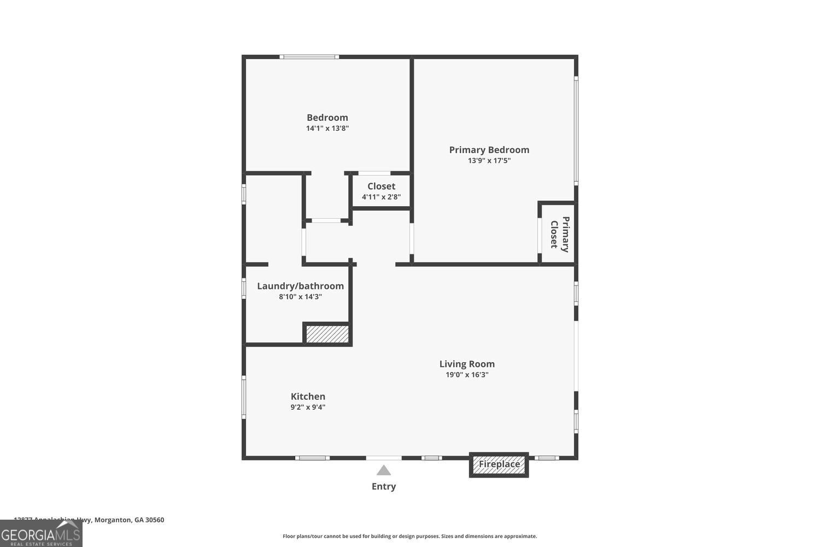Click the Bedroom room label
[327, 118]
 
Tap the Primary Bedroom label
[489, 150]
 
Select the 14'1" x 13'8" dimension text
[327, 129]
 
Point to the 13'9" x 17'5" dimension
[489, 161]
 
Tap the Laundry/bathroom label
[300, 286]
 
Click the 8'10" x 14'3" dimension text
[300, 297]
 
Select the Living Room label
[467, 364]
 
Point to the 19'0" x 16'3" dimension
[467, 375]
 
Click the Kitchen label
[308, 397]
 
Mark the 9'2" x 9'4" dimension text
[308, 408]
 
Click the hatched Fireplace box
[499, 464]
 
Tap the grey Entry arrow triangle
[384, 470]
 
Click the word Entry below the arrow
[384, 486]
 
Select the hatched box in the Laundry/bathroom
[327, 334]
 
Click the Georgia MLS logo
[41, 533]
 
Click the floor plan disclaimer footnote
[409, 536]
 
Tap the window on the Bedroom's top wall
[309, 57]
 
